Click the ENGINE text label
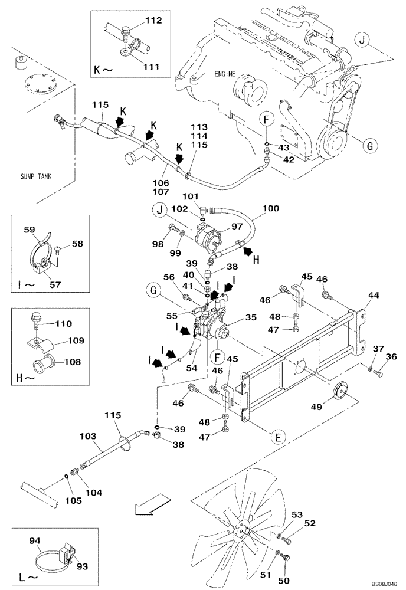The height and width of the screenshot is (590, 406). click(225, 74)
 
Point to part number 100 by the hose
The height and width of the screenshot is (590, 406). click(271, 209)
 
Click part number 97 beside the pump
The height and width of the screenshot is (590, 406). click(237, 227)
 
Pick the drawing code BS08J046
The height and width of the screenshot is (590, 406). click(380, 581)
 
